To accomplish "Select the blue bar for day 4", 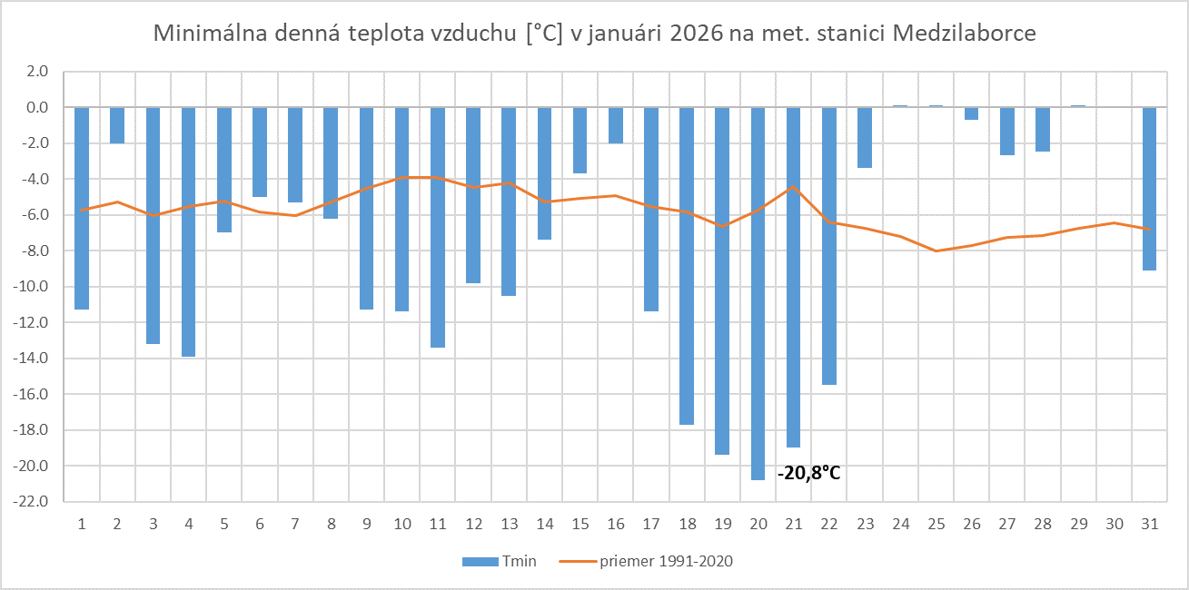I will pyautogui.click(x=188, y=231).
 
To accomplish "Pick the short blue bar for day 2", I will pyautogui.click(x=117, y=125).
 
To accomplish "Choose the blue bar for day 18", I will pyautogui.click(x=687, y=266).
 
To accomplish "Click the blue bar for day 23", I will pyautogui.click(x=865, y=138).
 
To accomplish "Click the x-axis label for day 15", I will pyautogui.click(x=580, y=524).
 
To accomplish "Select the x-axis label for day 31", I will pyautogui.click(x=1149, y=524).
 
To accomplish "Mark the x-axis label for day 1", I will pyautogui.click(x=82, y=524).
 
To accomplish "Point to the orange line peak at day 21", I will pyautogui.click(x=793, y=186).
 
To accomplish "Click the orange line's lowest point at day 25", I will pyautogui.click(x=936, y=251).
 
